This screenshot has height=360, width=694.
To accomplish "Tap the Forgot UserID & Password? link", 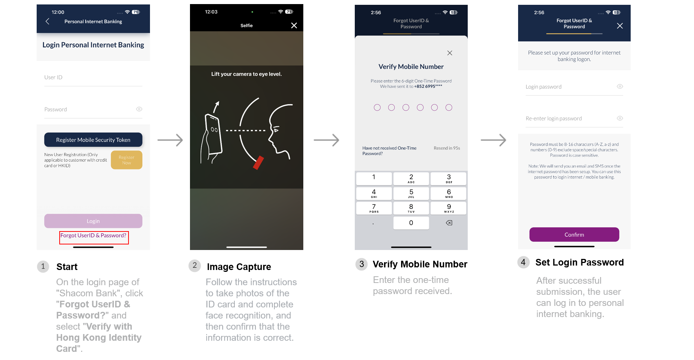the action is click(x=93, y=236).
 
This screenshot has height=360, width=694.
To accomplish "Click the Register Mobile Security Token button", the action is click(x=93, y=140).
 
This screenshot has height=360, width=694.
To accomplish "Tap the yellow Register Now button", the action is click(x=127, y=160).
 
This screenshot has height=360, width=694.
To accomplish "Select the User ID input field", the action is click(x=93, y=77).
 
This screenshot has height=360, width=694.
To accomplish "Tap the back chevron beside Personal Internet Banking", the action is click(x=47, y=21).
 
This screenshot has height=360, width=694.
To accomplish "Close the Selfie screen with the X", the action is click(x=294, y=26).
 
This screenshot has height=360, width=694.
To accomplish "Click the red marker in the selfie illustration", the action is click(x=258, y=163).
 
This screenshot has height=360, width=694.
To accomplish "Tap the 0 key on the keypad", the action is click(x=411, y=223).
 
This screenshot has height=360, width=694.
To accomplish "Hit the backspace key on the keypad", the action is click(x=449, y=223).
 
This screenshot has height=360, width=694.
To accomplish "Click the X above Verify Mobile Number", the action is click(x=450, y=53).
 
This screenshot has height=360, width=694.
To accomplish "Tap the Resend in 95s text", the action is click(x=447, y=148).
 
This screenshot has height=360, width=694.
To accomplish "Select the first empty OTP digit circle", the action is click(x=377, y=107).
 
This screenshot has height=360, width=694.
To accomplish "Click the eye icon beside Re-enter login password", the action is click(x=620, y=118).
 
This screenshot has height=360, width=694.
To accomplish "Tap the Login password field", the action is click(x=574, y=87).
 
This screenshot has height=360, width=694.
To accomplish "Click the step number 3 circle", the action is click(x=361, y=264).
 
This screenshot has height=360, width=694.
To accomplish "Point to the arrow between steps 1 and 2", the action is click(x=170, y=140).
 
